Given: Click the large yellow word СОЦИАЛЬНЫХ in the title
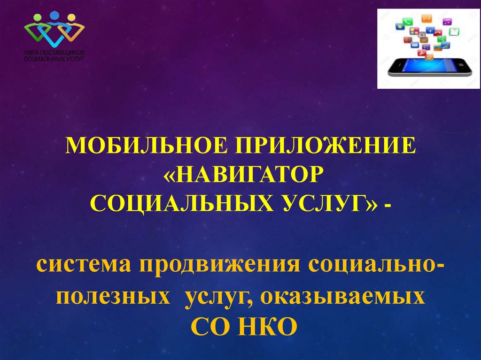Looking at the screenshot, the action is [x=182, y=203].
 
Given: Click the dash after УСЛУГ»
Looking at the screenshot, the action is [x=387, y=206].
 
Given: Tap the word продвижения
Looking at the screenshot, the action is [x=220, y=266].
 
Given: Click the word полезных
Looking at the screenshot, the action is [x=113, y=297].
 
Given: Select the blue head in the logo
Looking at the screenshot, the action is [x=54, y=15].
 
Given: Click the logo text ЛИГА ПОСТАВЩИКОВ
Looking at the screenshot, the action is [x=54, y=53].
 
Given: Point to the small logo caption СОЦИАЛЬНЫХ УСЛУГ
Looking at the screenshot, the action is [x=54, y=58].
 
